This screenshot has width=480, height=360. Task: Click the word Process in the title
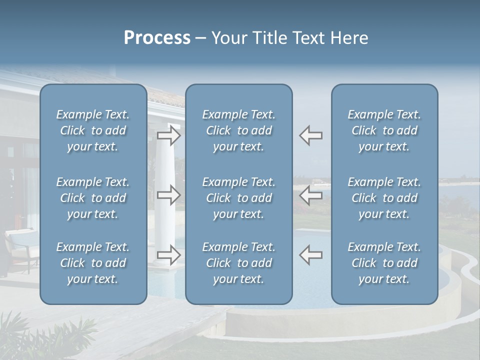point(157,38)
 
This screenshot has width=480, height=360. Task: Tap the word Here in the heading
point(349,38)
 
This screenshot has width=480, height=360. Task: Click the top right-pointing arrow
point(169,135)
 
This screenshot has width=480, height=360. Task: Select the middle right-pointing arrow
point(169,195)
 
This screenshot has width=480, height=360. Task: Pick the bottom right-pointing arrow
point(169,255)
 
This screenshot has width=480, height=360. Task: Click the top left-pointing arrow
point(311,135)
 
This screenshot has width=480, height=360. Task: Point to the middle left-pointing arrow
point(311,195)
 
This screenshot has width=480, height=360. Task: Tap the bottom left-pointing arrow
point(311,255)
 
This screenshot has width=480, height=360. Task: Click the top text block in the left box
point(93,130)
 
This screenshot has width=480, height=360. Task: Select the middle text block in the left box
point(93,198)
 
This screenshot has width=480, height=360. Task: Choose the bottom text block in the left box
point(93,263)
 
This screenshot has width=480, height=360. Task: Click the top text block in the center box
point(238,130)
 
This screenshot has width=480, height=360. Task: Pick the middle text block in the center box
point(238,198)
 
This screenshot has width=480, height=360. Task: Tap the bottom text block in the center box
point(238,263)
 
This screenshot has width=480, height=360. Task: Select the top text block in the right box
point(384,130)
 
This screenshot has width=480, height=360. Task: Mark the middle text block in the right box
point(384,198)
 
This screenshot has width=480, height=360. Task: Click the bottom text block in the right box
point(384,263)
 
